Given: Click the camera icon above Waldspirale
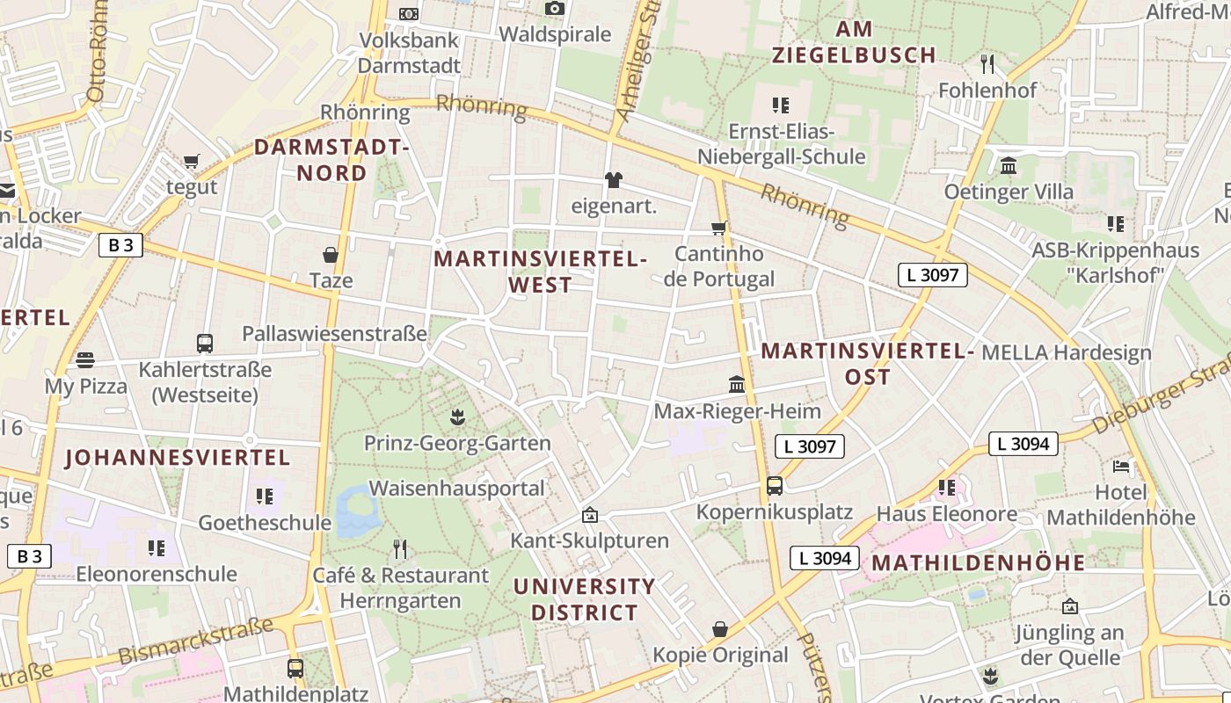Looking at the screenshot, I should point(554,9).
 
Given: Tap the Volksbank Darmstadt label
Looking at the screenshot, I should point(409,53).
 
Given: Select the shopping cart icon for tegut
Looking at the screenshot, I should point(192,161).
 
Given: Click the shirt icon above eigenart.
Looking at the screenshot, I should point(614,180).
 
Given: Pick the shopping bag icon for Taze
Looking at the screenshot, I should point(331,255).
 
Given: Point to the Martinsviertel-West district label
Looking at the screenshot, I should point(540,272).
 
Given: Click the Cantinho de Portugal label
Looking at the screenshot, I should point(719,266).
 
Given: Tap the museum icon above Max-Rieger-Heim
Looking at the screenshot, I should point(737,385).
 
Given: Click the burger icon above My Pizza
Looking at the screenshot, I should point(85,359).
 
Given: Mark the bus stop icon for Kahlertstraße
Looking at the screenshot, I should point(205,343).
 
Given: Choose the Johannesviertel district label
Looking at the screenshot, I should point(178,458).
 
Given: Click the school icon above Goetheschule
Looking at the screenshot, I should point(265,496).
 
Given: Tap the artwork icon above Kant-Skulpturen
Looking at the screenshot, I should point(589,515).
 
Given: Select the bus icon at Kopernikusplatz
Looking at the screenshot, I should point(775,485).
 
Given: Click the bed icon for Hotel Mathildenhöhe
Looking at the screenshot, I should point(1121,466).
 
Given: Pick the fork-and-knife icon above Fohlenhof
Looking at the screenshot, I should point(987,63).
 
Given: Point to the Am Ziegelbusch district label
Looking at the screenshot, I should point(854,42).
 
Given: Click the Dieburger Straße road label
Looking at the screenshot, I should point(1161,395).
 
